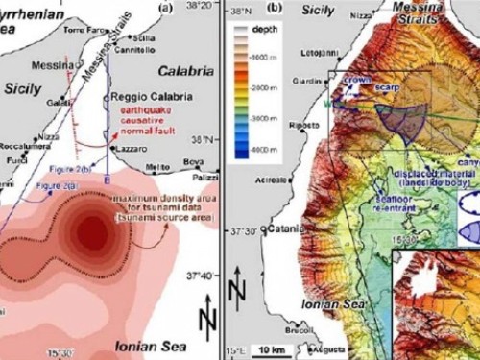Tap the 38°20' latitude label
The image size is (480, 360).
(200, 6)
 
